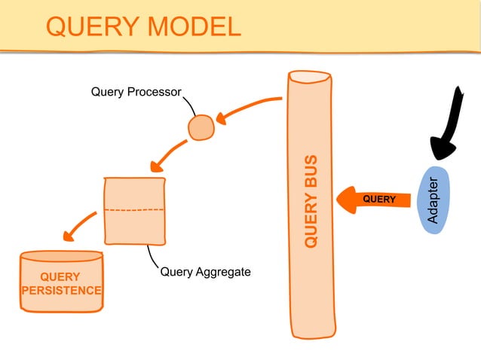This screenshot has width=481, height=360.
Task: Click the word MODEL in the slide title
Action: (x=192, y=27)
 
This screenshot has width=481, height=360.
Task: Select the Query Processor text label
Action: (x=136, y=93)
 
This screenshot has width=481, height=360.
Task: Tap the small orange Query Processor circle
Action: (x=201, y=127)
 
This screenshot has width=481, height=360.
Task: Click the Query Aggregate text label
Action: (x=205, y=271)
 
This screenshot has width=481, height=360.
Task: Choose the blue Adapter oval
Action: (x=434, y=200)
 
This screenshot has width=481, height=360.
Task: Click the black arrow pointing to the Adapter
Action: (x=449, y=124)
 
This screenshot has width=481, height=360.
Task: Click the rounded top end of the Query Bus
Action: (x=309, y=76)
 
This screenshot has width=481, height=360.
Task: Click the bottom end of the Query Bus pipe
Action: (x=313, y=333)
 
